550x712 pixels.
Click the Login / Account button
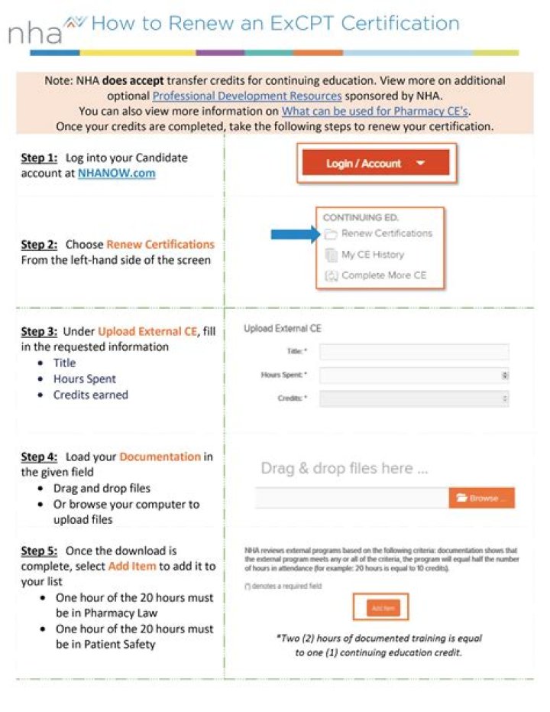[x=375, y=163]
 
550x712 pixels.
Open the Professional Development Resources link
[x=247, y=96]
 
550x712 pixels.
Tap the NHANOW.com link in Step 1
[x=116, y=174]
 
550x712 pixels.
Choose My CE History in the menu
[x=372, y=255]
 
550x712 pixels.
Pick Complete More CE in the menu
[x=383, y=275]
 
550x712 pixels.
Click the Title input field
[x=414, y=352]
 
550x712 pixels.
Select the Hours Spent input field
[x=414, y=376]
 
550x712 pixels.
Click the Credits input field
[x=414, y=398]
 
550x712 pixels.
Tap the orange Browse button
[x=481, y=498]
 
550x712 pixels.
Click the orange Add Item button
[x=381, y=608]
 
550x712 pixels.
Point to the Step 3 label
[x=39, y=331]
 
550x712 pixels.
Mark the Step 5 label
[x=39, y=551]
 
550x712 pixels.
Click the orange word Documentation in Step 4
[x=160, y=457]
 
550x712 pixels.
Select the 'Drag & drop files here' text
[x=344, y=468]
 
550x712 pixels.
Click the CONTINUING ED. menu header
[x=361, y=217]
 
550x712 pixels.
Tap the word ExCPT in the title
[x=302, y=23]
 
